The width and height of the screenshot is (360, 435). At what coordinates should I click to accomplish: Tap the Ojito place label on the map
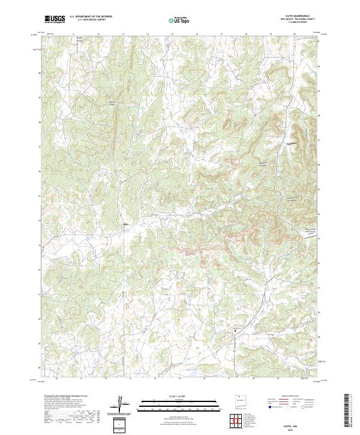click(x=126, y=225)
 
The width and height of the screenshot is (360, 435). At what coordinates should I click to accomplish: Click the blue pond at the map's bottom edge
click(x=192, y=377)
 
